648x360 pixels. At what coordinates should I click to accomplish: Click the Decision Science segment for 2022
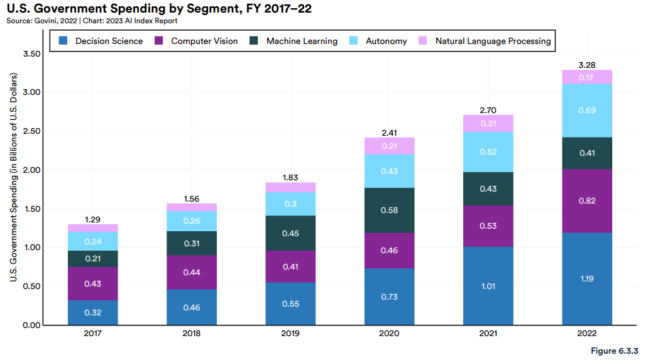pyautogui.click(x=586, y=278)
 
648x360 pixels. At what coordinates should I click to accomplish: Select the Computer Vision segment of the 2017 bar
pyautogui.click(x=92, y=283)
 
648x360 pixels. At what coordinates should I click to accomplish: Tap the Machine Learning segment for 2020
pyautogui.click(x=389, y=210)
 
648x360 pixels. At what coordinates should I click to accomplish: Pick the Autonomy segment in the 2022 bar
pyautogui.click(x=586, y=111)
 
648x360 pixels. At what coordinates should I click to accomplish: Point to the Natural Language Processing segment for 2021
pyautogui.click(x=488, y=124)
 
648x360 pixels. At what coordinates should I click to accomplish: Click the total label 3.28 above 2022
pyautogui.click(x=586, y=65)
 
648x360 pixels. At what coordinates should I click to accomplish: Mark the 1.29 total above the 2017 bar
pyautogui.click(x=92, y=219)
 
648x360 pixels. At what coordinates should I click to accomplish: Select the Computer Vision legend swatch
pyautogui.click(x=158, y=41)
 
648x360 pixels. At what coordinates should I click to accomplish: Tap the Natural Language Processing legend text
pyautogui.click(x=493, y=41)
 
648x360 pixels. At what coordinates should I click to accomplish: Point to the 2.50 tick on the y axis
pyautogui.click(x=31, y=131)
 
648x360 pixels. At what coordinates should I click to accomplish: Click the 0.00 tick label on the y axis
pyautogui.click(x=31, y=325)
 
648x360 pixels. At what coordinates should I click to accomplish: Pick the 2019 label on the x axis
pyautogui.click(x=290, y=334)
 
